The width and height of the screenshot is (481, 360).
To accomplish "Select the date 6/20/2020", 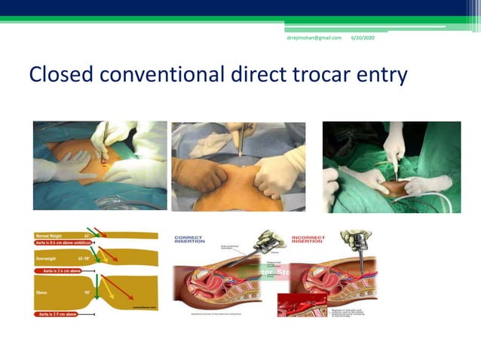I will [x=363, y=38].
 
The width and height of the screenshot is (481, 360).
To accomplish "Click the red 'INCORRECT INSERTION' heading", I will [x=309, y=239].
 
